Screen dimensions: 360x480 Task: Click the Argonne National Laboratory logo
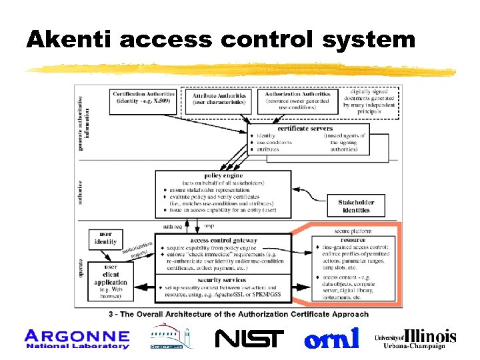[77, 339]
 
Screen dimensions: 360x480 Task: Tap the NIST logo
[249, 339]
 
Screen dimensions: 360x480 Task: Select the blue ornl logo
[331, 338]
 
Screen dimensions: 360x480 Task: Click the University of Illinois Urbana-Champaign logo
[416, 339]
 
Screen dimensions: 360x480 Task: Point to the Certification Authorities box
[143, 98]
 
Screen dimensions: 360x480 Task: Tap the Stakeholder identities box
[356, 206]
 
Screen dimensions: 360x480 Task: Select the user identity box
[105, 238]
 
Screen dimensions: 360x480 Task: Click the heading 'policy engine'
[223, 176]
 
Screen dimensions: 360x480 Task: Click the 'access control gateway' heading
[223, 240]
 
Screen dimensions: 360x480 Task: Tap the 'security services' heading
[223, 281]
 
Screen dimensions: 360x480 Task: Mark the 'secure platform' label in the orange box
[353, 231]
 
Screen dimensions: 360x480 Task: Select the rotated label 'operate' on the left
[81, 268]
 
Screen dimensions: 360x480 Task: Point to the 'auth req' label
[173, 227]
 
